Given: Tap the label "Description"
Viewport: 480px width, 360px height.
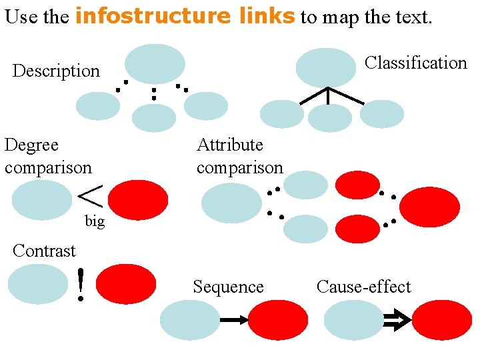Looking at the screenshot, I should pos(56,71).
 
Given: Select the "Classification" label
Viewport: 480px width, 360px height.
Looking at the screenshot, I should pos(415,63).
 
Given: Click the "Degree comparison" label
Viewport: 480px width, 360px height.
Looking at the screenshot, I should pos(47,155).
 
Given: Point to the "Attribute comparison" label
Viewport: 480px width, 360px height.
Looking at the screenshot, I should pos(239,155).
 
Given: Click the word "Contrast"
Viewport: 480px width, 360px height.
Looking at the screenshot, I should pos(44,251).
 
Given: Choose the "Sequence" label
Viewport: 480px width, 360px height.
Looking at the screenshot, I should pos(228,287).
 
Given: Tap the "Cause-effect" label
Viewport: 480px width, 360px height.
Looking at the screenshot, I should pos(363,287).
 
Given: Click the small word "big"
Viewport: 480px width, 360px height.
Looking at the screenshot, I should pos(95,221).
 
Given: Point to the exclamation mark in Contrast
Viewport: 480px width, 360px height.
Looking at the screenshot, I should pos(81,285).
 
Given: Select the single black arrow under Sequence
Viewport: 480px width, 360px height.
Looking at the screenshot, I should pos(233,321).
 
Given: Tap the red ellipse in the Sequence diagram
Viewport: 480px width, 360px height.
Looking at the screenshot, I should pos(278,320).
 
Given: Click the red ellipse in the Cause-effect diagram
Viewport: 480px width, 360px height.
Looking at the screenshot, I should pos(441,320).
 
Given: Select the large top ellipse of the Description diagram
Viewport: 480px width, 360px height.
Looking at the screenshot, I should pos(155,64).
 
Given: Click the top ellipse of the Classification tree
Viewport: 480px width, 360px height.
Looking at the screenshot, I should pos(326,67).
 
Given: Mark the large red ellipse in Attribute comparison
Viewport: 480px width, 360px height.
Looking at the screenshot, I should pos(429,207).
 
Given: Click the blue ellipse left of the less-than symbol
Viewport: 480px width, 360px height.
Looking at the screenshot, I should pos(41,201).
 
